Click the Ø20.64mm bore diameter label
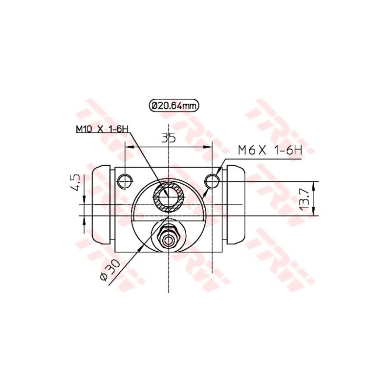[175, 105]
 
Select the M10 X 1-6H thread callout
[102, 130]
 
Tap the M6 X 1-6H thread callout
[270, 151]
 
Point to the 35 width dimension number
[169, 138]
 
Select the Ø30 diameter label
[108, 270]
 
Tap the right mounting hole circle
[212, 181]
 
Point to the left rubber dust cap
[102, 205]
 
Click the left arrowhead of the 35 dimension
[129, 146]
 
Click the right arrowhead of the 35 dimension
[209, 146]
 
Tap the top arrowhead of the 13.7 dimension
[313, 184]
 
